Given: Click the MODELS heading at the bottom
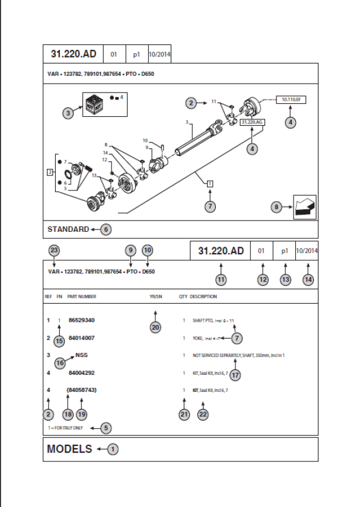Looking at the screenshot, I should (x=69, y=449).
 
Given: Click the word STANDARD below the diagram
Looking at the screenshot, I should (x=68, y=229).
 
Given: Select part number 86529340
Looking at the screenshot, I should (x=82, y=320).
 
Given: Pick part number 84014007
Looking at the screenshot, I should (x=82, y=338).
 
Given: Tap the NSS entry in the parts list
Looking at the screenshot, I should (x=82, y=356).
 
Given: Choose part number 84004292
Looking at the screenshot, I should (x=82, y=374).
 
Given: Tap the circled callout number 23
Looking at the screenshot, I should (x=54, y=250).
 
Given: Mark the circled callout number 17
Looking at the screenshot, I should (x=235, y=375).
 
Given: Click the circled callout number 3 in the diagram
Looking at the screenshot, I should (x=68, y=113).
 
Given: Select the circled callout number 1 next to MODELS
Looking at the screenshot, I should (x=113, y=449).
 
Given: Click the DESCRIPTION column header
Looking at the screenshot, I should (x=203, y=296).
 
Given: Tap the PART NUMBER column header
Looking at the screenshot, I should (x=82, y=296).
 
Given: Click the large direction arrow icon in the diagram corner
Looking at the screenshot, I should (x=304, y=207).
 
